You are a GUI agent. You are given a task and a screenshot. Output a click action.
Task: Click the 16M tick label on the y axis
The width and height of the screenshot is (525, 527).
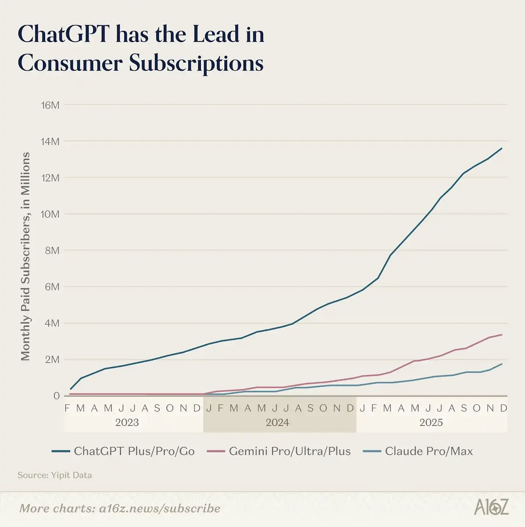click(50, 106)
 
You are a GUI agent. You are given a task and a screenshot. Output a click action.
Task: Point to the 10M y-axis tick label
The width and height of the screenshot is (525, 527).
click(50, 214)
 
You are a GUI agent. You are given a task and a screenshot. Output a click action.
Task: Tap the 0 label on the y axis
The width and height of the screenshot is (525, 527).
click(56, 396)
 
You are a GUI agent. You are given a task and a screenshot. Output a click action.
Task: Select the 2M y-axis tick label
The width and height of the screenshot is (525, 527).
click(52, 360)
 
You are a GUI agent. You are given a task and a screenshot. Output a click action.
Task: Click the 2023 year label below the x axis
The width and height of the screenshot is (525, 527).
click(127, 423)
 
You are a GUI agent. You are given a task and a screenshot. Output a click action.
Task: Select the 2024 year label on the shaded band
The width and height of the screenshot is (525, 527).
click(278, 423)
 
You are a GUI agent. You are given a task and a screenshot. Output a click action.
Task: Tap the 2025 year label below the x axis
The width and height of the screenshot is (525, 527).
click(431, 423)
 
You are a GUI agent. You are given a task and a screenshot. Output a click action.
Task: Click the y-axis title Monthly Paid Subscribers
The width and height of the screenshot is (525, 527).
click(25, 257)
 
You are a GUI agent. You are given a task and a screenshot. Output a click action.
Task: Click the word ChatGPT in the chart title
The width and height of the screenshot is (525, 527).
click(64, 34)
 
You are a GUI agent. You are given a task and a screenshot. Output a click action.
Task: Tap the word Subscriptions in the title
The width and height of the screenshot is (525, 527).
click(196, 63)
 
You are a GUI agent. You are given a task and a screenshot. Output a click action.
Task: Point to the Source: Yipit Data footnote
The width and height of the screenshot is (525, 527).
click(55, 475)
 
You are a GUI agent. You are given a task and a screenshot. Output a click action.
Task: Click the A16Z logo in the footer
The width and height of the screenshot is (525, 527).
click(491, 507)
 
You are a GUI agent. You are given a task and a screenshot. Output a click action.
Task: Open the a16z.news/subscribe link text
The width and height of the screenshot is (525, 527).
click(160, 509)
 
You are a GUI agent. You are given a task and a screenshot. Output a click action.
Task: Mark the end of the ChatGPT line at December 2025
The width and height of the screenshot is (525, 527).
click(502, 148)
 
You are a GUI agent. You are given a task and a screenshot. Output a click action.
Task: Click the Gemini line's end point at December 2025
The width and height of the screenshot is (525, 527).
click(502, 335)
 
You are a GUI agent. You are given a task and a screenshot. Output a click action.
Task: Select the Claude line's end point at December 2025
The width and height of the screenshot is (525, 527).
click(502, 364)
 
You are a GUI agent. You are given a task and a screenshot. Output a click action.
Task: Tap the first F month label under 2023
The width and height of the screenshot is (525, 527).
click(67, 408)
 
